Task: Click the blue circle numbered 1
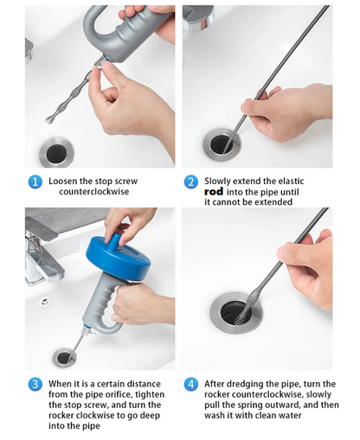(x=35, y=182)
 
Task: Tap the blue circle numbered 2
(x=190, y=182)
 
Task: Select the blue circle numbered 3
(x=35, y=385)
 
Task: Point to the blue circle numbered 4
(x=190, y=385)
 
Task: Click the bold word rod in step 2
(x=214, y=191)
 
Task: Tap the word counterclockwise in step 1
(x=94, y=192)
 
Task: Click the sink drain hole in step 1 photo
(x=56, y=152)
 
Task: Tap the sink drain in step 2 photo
(x=222, y=144)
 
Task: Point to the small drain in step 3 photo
(x=64, y=358)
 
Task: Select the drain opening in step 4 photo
(x=236, y=313)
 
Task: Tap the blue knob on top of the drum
(x=116, y=239)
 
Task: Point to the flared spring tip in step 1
(x=50, y=118)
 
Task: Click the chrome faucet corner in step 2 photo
(x=198, y=18)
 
